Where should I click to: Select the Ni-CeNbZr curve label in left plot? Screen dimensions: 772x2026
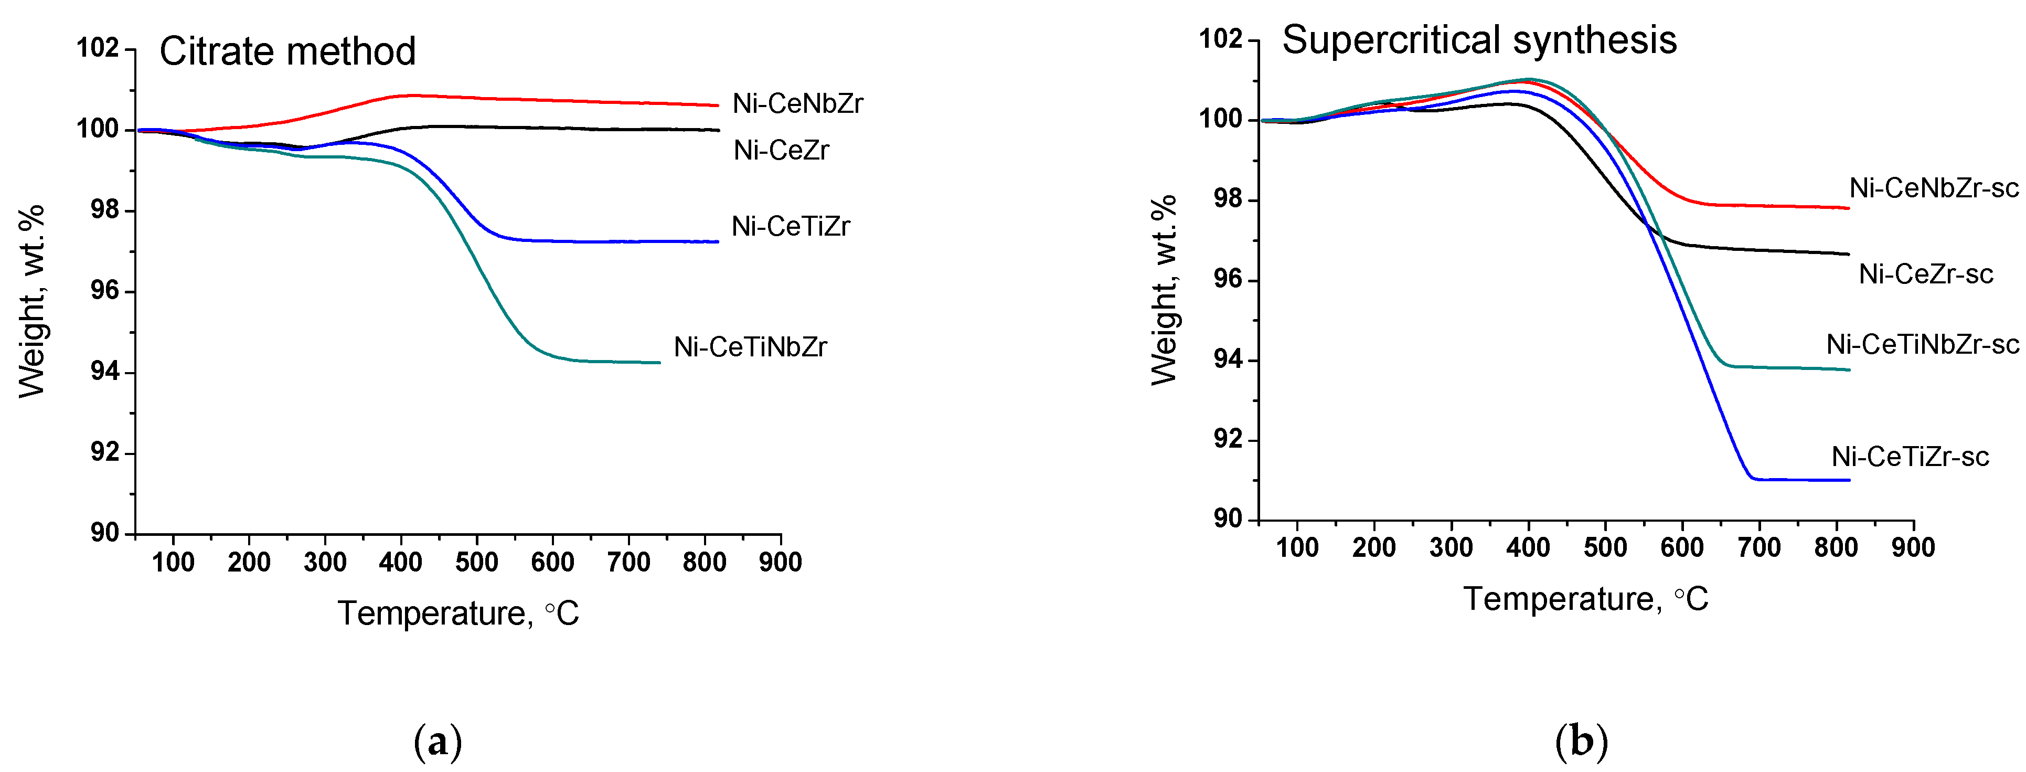click(x=797, y=104)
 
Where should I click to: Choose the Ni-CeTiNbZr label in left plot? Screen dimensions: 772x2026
click(x=750, y=347)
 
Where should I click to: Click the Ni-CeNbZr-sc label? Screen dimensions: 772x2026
click(x=1933, y=188)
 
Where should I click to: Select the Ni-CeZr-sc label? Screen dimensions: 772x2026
click(x=1925, y=274)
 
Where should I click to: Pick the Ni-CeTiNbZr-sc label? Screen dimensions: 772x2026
click(x=1922, y=345)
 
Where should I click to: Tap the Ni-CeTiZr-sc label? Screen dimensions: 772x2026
click(x=1910, y=457)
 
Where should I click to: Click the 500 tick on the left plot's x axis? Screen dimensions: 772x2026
click(x=477, y=562)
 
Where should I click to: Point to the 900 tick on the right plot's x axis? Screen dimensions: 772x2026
click(x=1913, y=547)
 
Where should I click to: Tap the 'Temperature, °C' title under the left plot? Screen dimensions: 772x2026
click(x=458, y=613)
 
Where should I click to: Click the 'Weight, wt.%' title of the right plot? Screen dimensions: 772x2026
click(x=1164, y=290)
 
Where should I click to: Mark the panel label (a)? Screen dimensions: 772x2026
click(x=438, y=742)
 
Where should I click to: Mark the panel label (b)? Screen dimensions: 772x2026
click(x=1581, y=742)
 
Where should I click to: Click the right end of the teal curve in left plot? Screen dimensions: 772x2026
click(x=658, y=363)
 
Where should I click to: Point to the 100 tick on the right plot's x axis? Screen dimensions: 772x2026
click(x=1297, y=547)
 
